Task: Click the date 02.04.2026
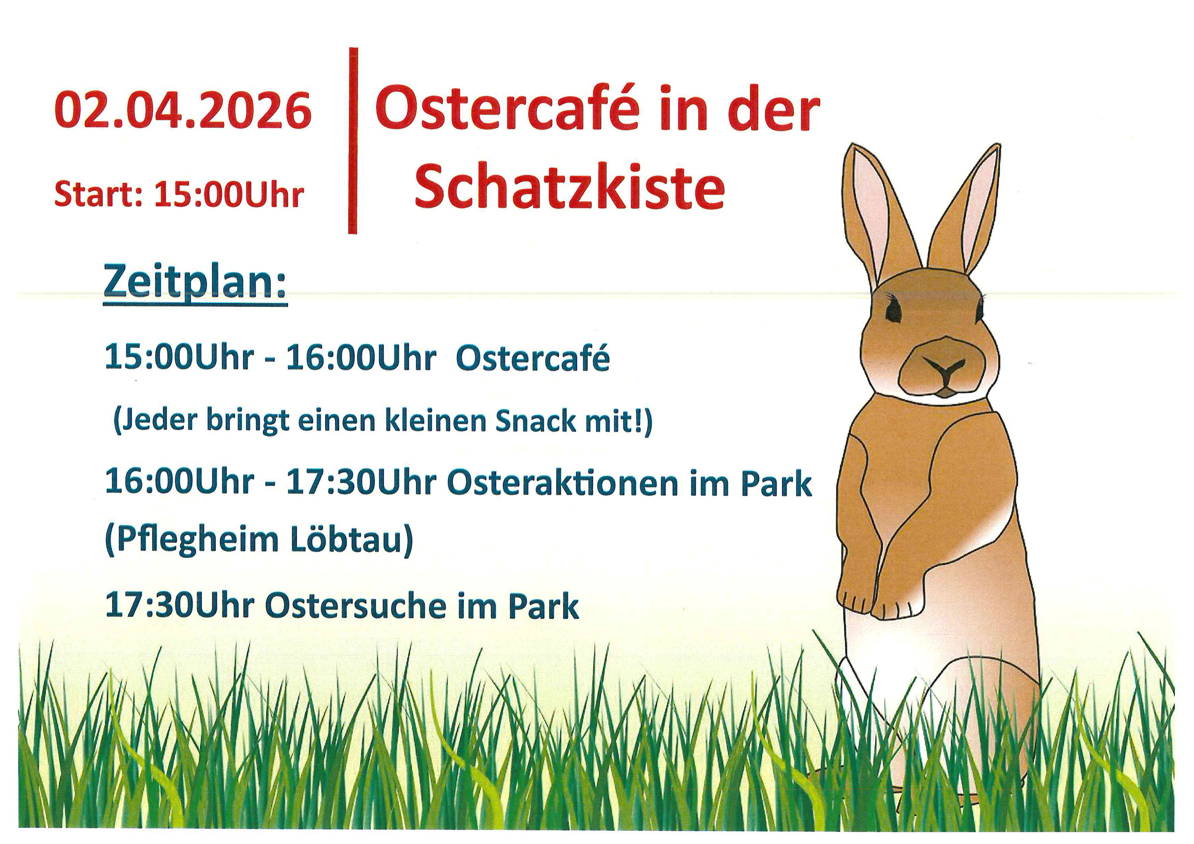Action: coord(183,111)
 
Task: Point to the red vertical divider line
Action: coord(353,140)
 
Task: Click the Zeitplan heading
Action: coord(195,283)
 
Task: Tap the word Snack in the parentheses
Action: coord(536,422)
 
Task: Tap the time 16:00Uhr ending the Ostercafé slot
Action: coord(361,358)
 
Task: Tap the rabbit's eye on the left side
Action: coord(894,310)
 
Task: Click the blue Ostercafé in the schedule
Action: coord(533,358)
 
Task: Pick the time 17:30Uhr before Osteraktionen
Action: coord(361,483)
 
